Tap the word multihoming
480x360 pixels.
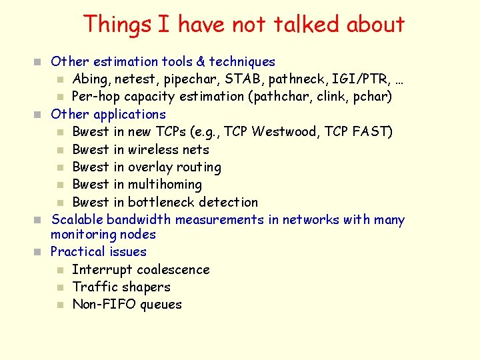pos(165,185)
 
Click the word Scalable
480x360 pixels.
pos(77,219)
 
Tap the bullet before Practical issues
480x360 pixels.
pos(39,252)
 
